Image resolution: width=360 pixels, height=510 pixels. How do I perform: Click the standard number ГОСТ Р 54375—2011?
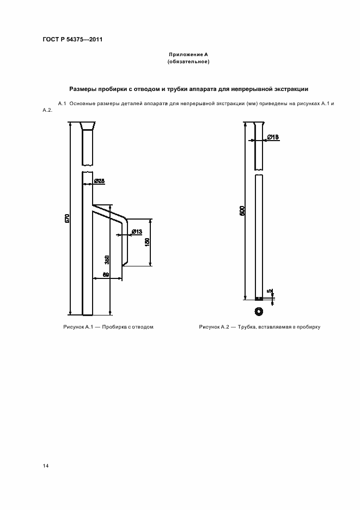72,39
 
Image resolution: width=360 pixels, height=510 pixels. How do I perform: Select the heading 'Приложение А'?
188,55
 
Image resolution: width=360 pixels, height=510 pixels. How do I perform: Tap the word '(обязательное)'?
188,62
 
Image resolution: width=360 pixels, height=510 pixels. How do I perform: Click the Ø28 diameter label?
99,180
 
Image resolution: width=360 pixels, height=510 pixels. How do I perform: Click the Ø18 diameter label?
273,137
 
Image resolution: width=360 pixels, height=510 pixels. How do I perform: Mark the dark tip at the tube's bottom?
259,298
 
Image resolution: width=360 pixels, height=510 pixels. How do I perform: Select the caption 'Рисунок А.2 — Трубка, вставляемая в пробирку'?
259,327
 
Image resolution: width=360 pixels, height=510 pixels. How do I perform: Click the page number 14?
46,466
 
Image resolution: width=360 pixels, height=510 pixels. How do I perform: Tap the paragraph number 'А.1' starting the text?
62,103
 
